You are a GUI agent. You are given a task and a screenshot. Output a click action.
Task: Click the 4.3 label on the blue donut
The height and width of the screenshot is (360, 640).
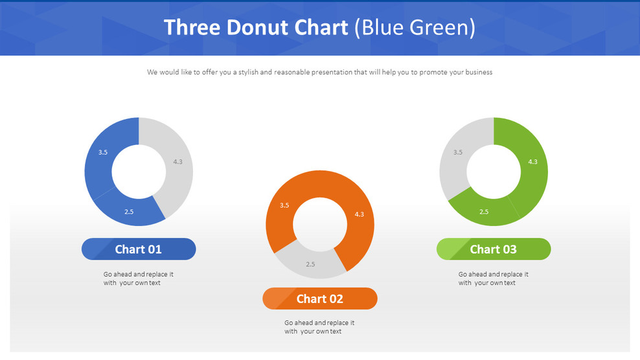(x=178, y=162)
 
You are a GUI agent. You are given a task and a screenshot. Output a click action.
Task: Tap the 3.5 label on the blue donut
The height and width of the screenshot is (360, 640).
(x=103, y=152)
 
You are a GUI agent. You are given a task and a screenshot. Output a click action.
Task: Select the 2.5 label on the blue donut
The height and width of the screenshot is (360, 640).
(x=129, y=212)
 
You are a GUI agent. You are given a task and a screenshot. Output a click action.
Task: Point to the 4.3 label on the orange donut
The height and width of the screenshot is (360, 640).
(x=360, y=214)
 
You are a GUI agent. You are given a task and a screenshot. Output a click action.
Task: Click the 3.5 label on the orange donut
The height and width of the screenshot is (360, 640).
(x=284, y=205)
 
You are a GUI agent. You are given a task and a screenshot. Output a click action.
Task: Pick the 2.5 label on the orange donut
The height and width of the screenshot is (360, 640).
(x=310, y=264)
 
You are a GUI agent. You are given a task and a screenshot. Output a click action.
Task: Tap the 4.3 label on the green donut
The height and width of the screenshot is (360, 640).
(x=533, y=162)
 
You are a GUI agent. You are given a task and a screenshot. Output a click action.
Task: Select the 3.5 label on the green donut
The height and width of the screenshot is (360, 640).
(x=458, y=152)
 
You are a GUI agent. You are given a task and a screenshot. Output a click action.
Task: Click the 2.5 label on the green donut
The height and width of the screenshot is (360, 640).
(x=484, y=212)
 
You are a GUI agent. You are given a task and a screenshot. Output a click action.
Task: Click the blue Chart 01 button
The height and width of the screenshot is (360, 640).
(x=139, y=249)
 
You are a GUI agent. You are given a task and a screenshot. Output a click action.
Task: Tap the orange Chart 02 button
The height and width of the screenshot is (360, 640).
(x=319, y=298)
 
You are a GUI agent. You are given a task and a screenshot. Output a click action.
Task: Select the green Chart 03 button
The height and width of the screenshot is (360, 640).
(x=494, y=249)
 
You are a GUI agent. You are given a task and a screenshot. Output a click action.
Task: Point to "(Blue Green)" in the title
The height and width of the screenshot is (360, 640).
(x=415, y=28)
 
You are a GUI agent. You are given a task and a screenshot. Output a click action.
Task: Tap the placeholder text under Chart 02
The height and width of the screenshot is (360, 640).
(x=319, y=327)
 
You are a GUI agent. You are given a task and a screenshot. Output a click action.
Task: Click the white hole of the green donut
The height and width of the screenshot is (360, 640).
(x=494, y=172)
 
